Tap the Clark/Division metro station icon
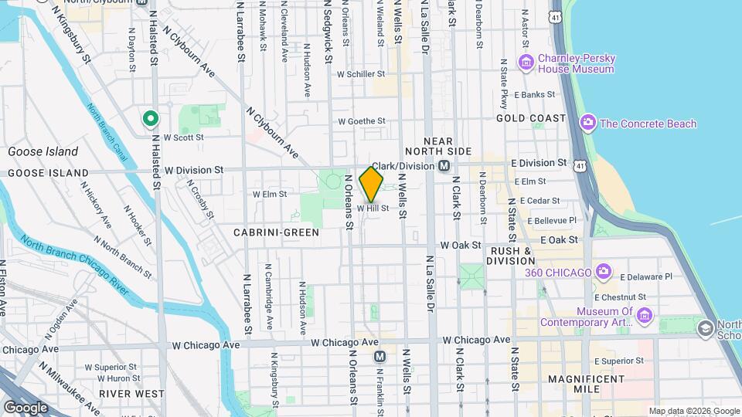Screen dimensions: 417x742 [444, 166]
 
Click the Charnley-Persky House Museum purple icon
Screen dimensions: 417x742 [527, 63]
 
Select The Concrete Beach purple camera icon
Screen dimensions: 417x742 [588, 124]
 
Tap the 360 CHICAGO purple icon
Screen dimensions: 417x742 [604, 272]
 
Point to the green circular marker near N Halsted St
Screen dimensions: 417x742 [151, 119]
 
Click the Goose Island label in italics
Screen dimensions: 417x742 [43, 152]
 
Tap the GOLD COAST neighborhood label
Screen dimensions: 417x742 [531, 119]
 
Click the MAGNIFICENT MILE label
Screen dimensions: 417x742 [586, 385]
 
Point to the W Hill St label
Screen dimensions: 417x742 [373, 208]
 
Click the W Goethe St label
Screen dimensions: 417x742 [361, 121]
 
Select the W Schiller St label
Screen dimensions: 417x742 [361, 74]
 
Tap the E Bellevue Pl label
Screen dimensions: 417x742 [552, 221]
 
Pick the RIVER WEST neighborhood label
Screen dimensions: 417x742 [131, 394]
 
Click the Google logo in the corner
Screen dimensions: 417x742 [26, 407]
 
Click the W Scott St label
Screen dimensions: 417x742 [183, 137]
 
